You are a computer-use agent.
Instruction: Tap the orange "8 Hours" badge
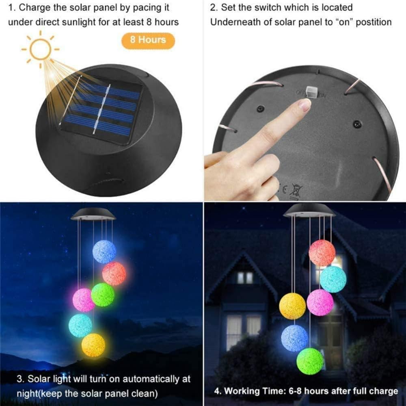click(x=148, y=40)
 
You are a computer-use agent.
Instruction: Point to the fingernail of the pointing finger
click(x=304, y=105)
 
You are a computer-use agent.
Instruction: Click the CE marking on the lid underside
click(x=284, y=189)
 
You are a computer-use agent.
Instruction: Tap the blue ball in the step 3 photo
click(x=104, y=252)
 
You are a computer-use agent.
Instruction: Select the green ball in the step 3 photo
click(x=102, y=295)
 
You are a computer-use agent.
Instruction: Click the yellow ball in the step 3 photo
click(x=93, y=345)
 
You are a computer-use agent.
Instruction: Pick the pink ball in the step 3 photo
click(x=84, y=300)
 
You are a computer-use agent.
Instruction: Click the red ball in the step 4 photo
click(x=322, y=253)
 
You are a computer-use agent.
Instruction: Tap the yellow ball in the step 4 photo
click(x=292, y=306)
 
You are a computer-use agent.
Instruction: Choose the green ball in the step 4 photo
click(x=310, y=361)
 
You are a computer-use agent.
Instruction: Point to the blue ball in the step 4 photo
click(x=295, y=338)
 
